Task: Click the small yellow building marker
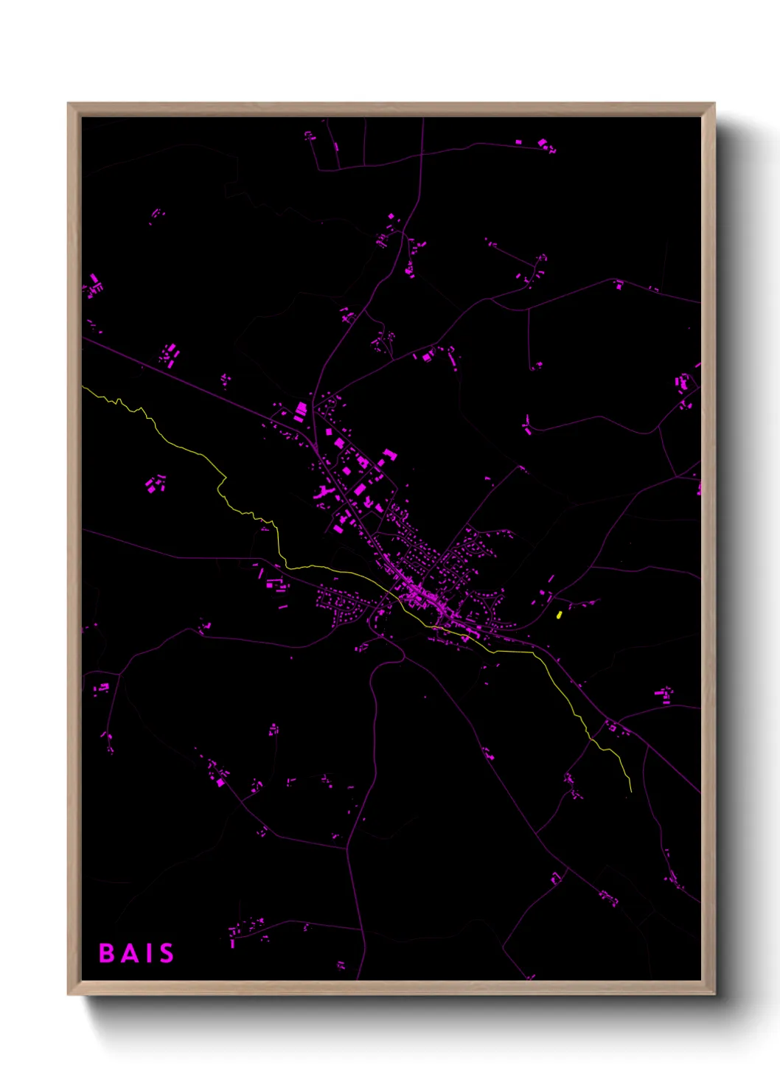558,614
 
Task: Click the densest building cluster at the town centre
424,596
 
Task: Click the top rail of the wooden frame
391,109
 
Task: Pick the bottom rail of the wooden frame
391,988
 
